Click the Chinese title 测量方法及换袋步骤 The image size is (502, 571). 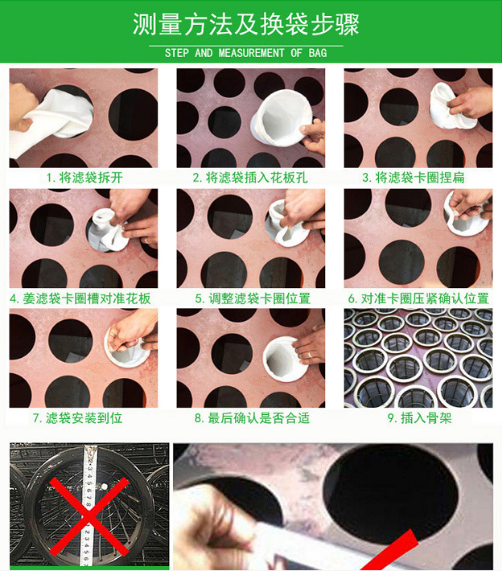(x=246, y=24)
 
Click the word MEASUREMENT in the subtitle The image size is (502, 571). (x=251, y=53)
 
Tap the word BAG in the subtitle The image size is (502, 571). (x=318, y=53)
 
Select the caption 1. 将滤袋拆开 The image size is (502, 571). (x=84, y=178)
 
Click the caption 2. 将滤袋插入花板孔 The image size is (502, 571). (x=250, y=178)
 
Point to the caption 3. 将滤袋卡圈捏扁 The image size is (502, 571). (x=414, y=178)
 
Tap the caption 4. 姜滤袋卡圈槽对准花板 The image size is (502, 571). (x=80, y=298)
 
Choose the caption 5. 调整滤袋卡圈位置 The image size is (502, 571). (x=253, y=298)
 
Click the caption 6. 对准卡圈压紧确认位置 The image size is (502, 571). (x=418, y=298)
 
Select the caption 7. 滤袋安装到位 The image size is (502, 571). (x=77, y=418)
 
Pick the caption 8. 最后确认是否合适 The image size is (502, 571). (x=252, y=418)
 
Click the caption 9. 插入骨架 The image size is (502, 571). (x=420, y=418)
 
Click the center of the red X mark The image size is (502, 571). (x=88, y=516)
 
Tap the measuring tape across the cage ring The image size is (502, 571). (x=88, y=505)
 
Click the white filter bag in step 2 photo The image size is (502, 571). (x=282, y=118)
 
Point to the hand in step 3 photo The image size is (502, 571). (x=471, y=102)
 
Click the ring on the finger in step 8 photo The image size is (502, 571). (x=310, y=355)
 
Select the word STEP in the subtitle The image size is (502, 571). (x=177, y=53)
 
